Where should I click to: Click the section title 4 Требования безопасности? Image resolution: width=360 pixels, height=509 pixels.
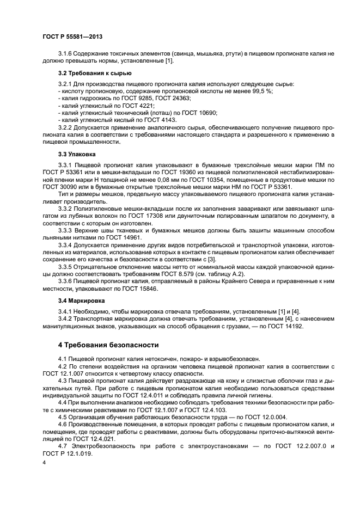(x=108, y=345)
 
